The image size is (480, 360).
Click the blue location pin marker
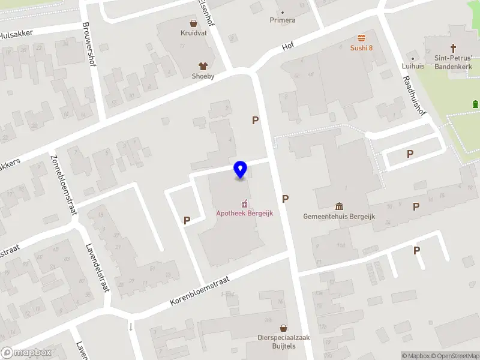pos(240,170)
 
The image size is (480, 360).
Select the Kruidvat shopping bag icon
pos(193,24)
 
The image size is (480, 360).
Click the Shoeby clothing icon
pos(202,66)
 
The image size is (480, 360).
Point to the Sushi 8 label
pos(362,47)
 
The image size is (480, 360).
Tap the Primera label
pos(282,20)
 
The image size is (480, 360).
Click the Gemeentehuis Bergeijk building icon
pos(339,206)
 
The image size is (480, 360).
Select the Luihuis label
pos(412,66)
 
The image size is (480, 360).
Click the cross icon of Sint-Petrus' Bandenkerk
pos(453,48)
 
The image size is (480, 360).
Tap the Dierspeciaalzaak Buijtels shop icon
pos(283,328)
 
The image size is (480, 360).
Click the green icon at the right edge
pos(475,104)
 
